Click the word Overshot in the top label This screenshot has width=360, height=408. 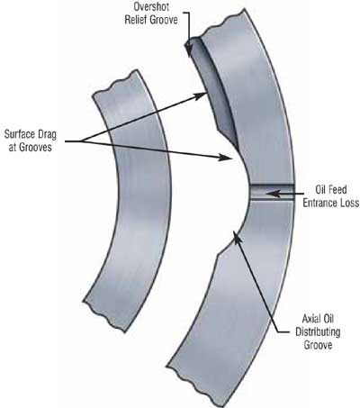pos(151,6)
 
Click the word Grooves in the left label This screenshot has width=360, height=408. pos(35,148)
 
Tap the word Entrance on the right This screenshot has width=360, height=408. pos(320,203)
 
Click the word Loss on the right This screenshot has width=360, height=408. pos(350,203)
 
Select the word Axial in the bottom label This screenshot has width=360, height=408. pos(310,319)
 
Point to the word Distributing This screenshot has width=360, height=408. pos(318,331)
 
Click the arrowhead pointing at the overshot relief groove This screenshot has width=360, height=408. pos(189,50)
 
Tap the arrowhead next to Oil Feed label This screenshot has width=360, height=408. pos(272,194)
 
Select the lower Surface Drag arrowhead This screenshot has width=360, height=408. pos(226,157)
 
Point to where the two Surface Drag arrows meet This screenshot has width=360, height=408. pos(82,141)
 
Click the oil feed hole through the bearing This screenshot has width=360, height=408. pos(272,192)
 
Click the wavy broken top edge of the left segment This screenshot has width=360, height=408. pos(115,83)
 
